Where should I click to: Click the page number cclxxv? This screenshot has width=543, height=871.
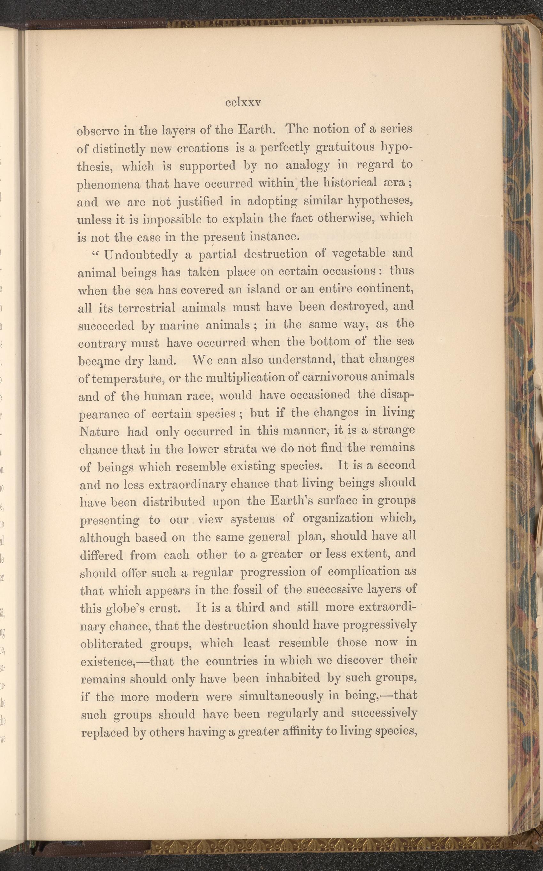click(x=243, y=103)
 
